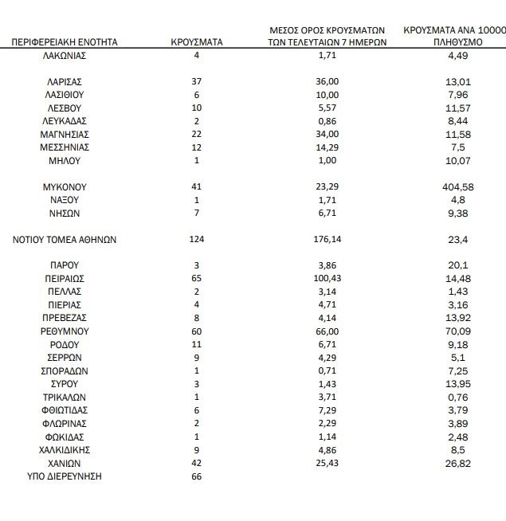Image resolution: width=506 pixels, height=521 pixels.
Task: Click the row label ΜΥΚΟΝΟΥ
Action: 65,186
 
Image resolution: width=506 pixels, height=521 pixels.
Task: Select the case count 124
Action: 197,239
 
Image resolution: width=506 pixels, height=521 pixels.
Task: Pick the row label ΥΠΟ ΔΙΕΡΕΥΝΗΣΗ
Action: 65,476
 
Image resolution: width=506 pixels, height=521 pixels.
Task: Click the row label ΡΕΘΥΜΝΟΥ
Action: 65,331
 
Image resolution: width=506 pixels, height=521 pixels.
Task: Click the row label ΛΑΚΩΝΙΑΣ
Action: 65,55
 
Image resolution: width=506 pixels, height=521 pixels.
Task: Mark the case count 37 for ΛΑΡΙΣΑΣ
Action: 197,81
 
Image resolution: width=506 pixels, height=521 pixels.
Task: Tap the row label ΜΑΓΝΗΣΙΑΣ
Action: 65,134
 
